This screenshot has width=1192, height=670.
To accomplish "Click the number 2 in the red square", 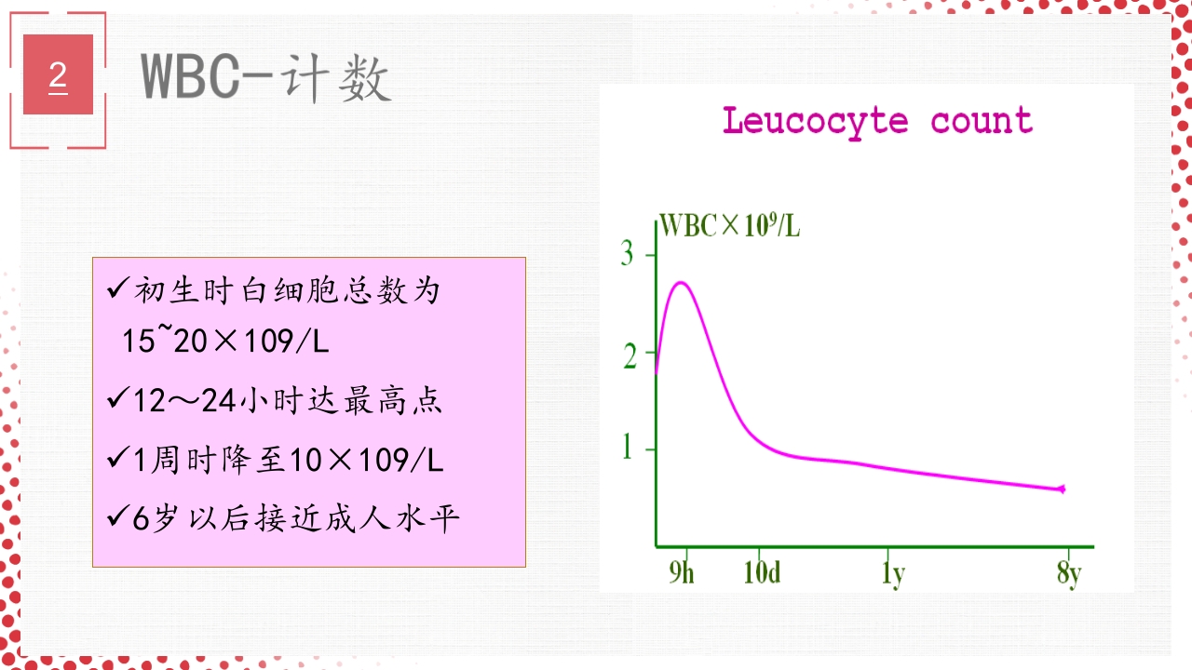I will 58,74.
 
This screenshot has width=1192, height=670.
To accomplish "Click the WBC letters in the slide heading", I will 190,75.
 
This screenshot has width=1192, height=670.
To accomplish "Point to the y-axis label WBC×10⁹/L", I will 729,226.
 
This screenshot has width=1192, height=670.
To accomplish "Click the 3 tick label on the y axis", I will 628,254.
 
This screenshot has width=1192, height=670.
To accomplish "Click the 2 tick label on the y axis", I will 630,356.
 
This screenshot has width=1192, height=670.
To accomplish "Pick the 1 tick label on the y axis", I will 628,449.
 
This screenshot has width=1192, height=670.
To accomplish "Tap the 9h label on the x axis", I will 682,573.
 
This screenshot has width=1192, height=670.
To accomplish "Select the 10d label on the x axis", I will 762,573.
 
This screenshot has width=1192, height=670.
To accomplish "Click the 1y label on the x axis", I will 892,574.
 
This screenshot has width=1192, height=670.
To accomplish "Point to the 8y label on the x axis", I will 1069,574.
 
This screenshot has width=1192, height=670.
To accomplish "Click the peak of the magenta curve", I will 681,282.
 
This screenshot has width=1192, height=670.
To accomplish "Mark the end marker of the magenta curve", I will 1062,489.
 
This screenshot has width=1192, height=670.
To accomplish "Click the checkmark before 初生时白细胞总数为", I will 118,290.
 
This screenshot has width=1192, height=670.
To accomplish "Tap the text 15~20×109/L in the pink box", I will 225,342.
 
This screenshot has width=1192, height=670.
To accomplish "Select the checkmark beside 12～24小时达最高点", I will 118,401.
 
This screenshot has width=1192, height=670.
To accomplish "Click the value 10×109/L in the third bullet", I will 366,460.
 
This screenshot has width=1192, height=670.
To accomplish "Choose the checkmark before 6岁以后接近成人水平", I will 118,517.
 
